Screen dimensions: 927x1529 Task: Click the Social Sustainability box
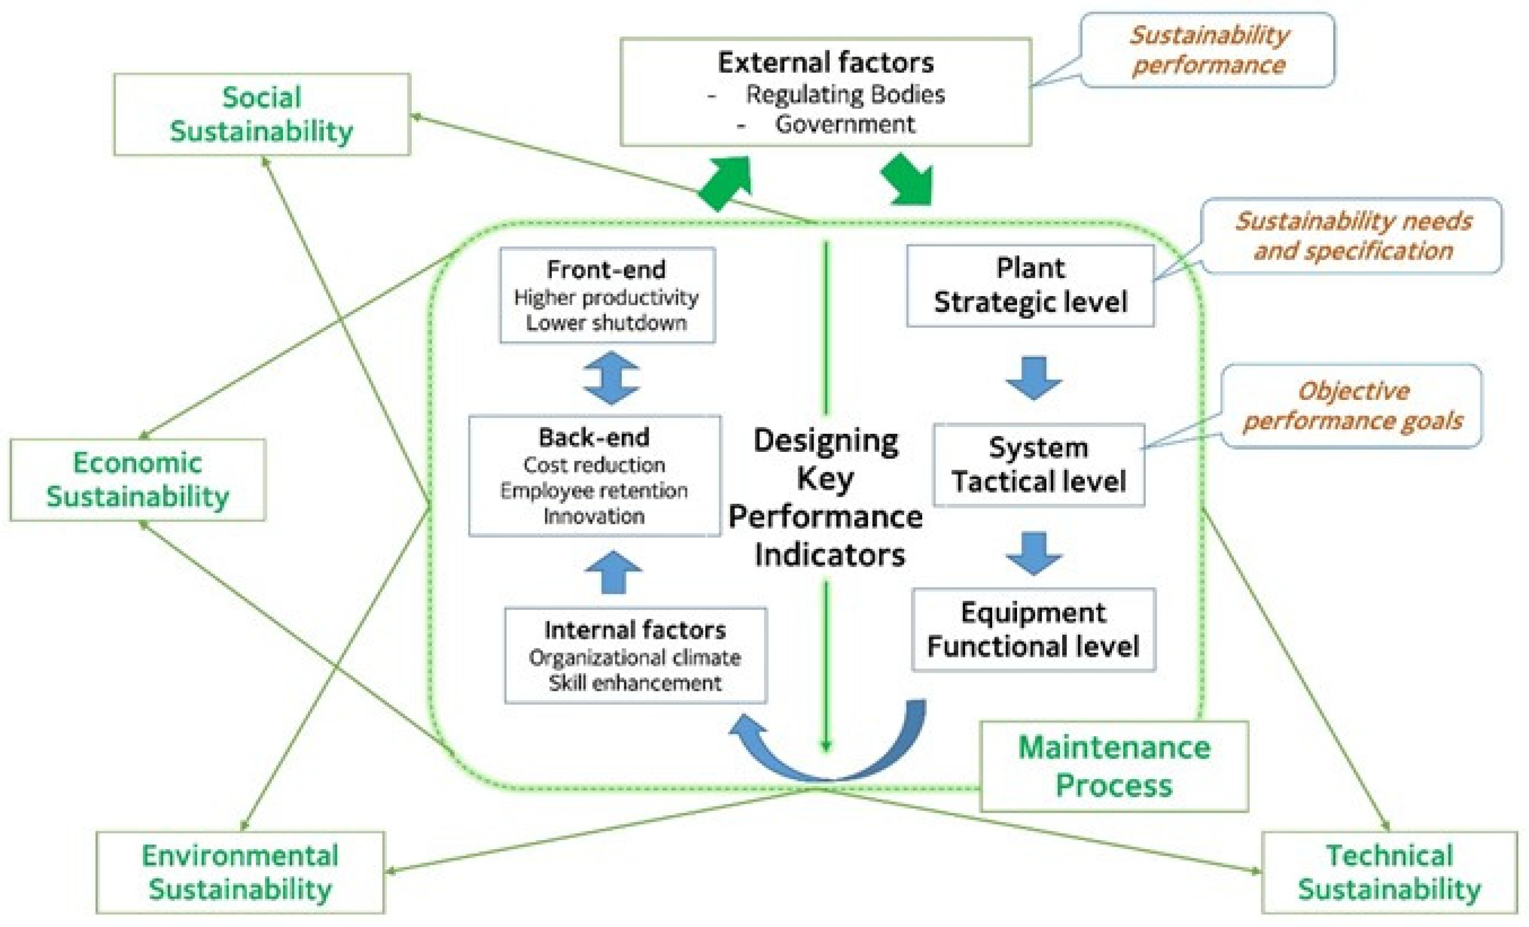click(261, 115)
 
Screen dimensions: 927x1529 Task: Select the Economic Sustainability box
click(138, 479)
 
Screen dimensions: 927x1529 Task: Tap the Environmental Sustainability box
click(240, 872)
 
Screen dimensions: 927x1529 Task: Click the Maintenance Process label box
click(1114, 766)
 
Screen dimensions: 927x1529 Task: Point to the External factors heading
click(825, 63)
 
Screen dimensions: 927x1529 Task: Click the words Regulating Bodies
click(845, 94)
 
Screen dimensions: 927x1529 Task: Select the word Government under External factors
click(845, 124)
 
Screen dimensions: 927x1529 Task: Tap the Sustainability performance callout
click(1207, 50)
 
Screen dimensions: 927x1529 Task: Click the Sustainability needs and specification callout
click(1353, 236)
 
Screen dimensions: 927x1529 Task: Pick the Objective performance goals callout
click(1353, 406)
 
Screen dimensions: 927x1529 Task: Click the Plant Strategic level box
click(1030, 285)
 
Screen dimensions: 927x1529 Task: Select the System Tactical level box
click(1039, 465)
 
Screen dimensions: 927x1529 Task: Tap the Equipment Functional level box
click(1033, 629)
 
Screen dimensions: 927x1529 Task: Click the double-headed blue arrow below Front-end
click(611, 378)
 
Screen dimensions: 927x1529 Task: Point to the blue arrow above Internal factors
click(614, 572)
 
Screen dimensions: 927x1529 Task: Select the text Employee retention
click(594, 491)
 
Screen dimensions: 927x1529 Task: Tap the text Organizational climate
click(635, 657)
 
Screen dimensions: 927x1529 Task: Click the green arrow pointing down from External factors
click(909, 180)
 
